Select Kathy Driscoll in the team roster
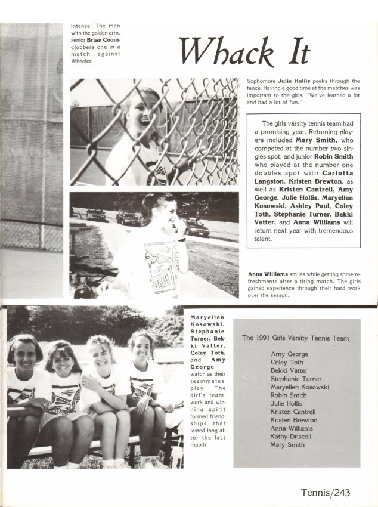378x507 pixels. pyautogui.click(x=292, y=436)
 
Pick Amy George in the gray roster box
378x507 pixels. pyautogui.click(x=289, y=354)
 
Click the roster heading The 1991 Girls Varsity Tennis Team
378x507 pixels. pyautogui.click(x=295, y=338)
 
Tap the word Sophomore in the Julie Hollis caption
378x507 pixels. pyautogui.click(x=261, y=81)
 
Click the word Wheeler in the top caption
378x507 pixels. pyautogui.click(x=82, y=61)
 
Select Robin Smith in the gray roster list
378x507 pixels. pyautogui.click(x=289, y=395)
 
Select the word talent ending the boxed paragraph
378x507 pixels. pyautogui.click(x=262, y=239)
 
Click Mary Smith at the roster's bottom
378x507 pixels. pyautogui.click(x=287, y=444)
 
